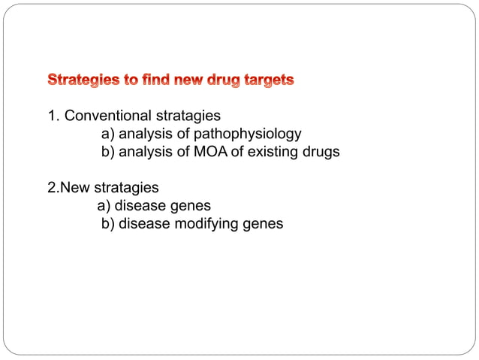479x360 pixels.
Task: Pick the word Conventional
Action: tap(107, 116)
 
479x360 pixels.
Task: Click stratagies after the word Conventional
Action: tap(187, 116)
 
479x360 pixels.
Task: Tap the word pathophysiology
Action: tap(247, 134)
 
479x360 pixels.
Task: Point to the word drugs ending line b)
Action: tap(321, 152)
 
